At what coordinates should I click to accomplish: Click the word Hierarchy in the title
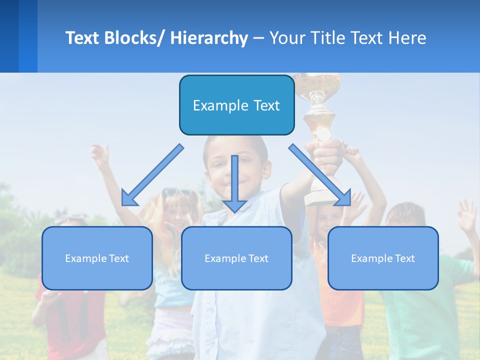pyautogui.click(x=208, y=38)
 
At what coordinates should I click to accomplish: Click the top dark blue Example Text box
pyautogui.click(x=236, y=105)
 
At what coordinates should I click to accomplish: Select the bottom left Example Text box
pyautogui.click(x=97, y=258)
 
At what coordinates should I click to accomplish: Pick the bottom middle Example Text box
pyautogui.click(x=236, y=258)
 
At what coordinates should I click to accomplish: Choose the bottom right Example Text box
pyautogui.click(x=383, y=258)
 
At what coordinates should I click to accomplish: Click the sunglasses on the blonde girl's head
pyautogui.click(x=176, y=192)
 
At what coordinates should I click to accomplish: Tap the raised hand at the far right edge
pyautogui.click(x=467, y=215)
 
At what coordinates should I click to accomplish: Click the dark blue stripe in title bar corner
pyautogui.click(x=9, y=36)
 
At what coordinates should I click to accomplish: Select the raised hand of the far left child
pyautogui.click(x=100, y=155)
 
